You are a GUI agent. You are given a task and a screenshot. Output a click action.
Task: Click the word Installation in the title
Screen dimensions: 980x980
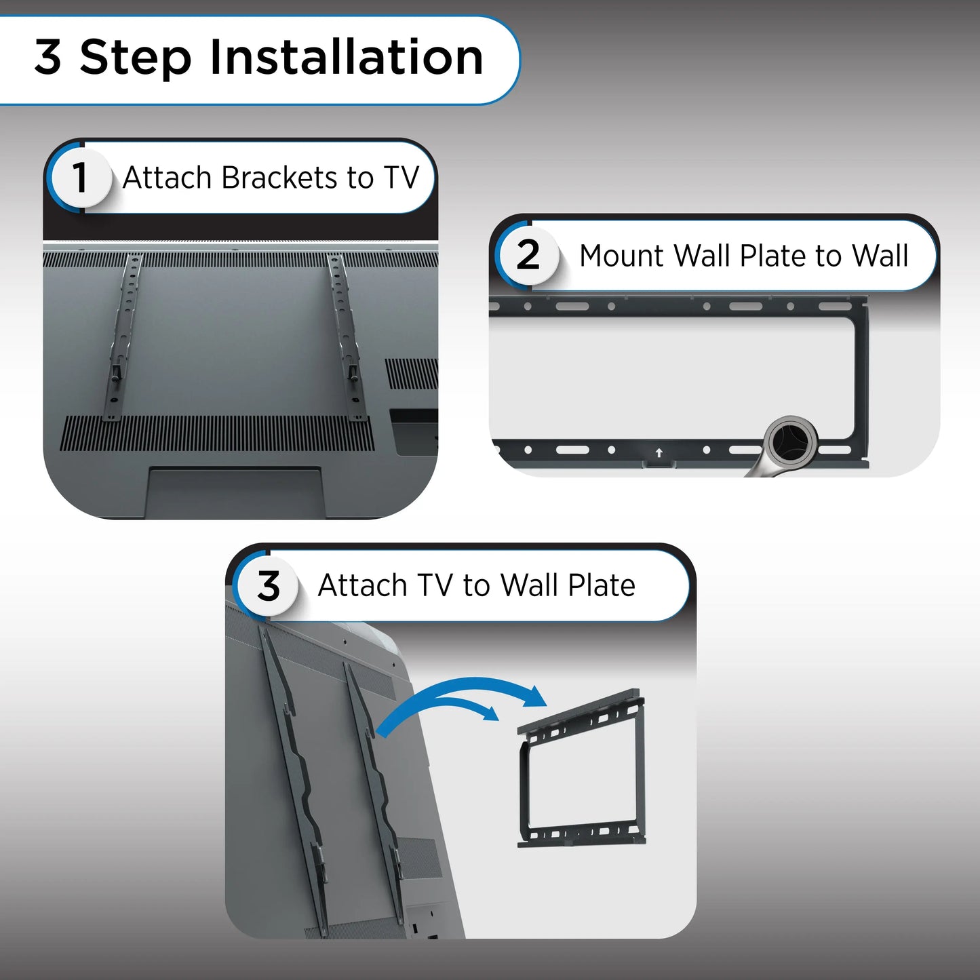click(x=346, y=57)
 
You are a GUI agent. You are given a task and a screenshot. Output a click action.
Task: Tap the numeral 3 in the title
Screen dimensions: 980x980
click(x=48, y=57)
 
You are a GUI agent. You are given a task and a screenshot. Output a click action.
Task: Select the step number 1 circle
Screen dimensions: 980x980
click(x=80, y=178)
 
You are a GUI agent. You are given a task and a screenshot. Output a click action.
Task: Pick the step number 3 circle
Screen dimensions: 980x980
click(x=268, y=586)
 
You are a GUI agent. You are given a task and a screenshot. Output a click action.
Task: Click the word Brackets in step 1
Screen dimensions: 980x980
click(x=279, y=178)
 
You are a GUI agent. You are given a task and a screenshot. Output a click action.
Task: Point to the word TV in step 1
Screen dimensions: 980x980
click(x=401, y=178)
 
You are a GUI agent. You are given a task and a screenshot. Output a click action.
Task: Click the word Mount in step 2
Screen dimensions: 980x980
click(x=621, y=255)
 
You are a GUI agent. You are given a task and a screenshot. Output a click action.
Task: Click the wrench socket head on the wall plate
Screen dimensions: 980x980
click(x=791, y=440)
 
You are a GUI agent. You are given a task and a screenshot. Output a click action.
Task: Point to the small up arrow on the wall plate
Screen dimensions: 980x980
click(x=659, y=452)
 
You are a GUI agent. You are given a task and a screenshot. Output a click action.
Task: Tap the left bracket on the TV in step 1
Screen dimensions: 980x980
click(x=123, y=337)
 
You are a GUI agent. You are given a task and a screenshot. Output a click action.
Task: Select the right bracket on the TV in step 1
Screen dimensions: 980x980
click(x=347, y=337)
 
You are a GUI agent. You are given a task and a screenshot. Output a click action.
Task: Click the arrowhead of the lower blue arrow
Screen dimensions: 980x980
click(x=489, y=713)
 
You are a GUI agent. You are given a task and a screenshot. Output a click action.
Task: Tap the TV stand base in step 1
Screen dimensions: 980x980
click(x=235, y=492)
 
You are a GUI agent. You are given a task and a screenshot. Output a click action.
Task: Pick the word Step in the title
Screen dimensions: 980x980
click(x=135, y=58)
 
